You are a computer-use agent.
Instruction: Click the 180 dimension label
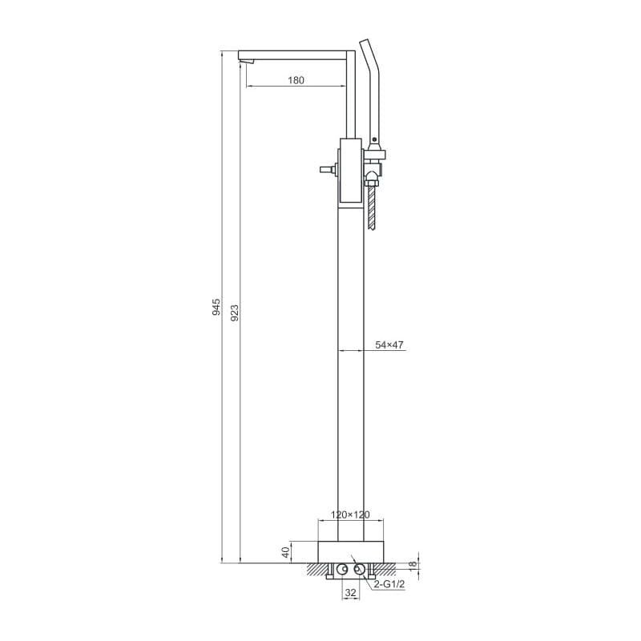point(296,80)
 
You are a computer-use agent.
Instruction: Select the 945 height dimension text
point(216,307)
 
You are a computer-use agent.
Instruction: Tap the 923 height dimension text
point(235,312)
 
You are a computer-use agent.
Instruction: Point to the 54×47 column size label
point(389,345)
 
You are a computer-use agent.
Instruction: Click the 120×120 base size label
point(350,514)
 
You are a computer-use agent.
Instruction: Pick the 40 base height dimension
point(286,552)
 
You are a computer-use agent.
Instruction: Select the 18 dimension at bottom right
point(413,564)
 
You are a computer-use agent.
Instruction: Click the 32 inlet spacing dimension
point(351,592)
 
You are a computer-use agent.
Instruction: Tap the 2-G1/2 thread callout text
point(389,585)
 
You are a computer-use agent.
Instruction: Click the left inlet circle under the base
point(341,569)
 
